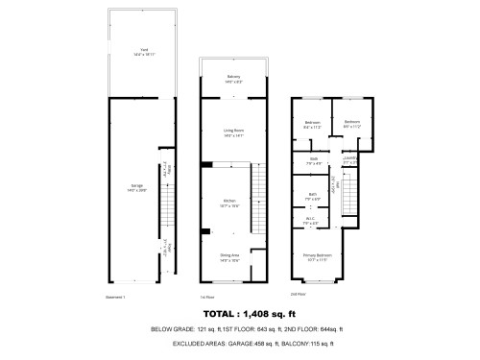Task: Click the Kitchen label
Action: pyautogui.click(x=229, y=202)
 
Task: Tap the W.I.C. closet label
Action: pyautogui.click(x=312, y=222)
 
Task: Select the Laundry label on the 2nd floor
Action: pyautogui.click(x=349, y=160)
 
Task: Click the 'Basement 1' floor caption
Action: pyautogui.click(x=116, y=296)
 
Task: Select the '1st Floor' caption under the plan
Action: pyautogui.click(x=205, y=296)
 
